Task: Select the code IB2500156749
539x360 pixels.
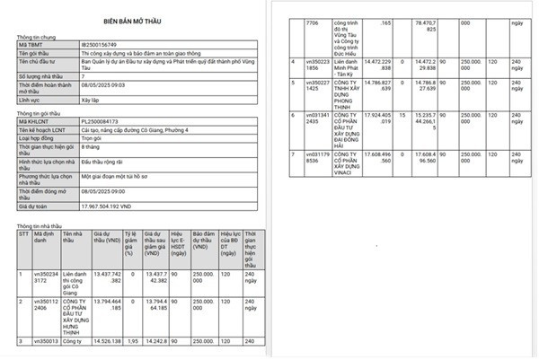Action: coord(101,43)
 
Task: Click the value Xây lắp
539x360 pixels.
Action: coord(91,101)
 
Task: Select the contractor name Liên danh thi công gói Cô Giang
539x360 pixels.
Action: coord(75,286)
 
